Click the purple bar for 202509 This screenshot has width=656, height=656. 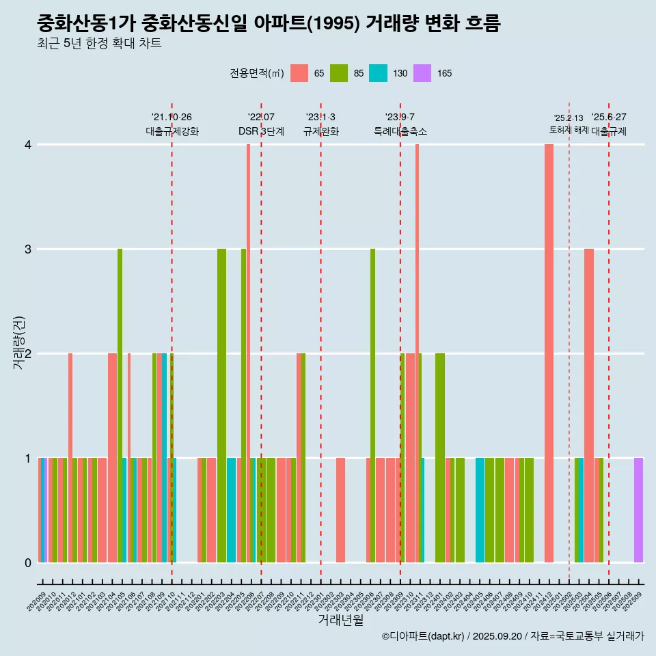(x=638, y=510)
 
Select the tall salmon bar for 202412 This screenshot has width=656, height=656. (x=549, y=353)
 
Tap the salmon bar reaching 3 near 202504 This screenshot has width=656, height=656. (x=588, y=405)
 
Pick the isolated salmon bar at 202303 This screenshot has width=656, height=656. (x=340, y=510)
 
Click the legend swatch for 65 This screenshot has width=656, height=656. (x=299, y=73)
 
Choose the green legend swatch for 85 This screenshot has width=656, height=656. (x=339, y=73)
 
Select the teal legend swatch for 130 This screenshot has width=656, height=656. (x=378, y=73)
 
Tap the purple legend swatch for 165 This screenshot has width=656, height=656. (x=422, y=73)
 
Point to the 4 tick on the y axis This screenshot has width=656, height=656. (x=28, y=145)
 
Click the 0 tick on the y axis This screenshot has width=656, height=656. (x=28, y=562)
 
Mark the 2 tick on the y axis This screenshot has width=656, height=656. (x=28, y=353)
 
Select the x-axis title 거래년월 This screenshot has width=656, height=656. (x=340, y=620)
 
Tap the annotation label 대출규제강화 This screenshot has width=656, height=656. (x=172, y=131)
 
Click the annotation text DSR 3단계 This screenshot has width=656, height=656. (x=261, y=131)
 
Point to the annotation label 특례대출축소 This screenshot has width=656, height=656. (x=400, y=131)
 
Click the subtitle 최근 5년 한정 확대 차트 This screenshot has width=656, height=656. (x=100, y=44)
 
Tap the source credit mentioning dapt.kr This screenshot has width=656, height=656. (x=512, y=636)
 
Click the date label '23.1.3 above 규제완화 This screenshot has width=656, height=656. (x=320, y=118)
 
